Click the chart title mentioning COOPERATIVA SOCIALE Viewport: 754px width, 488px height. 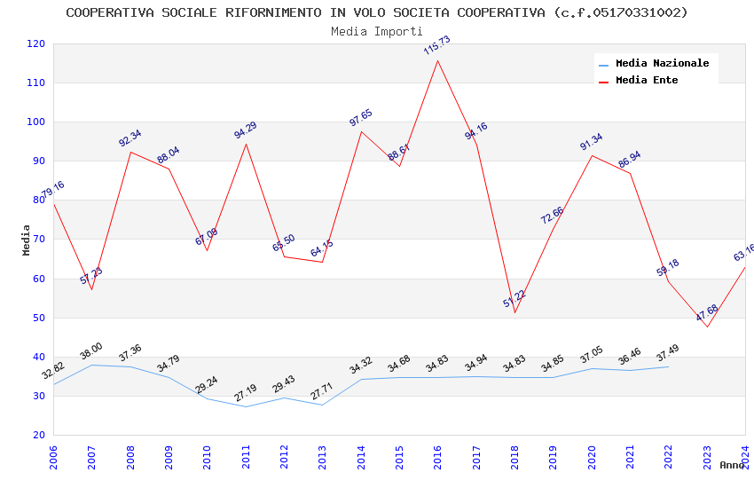pyautogui.click(x=377, y=12)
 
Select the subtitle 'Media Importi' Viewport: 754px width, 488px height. pyautogui.click(x=377, y=31)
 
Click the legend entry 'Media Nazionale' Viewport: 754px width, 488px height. pyautogui.click(x=662, y=63)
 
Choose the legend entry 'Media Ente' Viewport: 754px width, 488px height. pyautogui.click(x=647, y=80)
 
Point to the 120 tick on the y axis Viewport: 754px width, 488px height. pyautogui.click(x=36, y=43)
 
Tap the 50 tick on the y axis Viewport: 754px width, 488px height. pyautogui.click(x=39, y=318)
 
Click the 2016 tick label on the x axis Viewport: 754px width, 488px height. pyautogui.click(x=438, y=457)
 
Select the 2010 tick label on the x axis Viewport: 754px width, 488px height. pyautogui.click(x=208, y=457)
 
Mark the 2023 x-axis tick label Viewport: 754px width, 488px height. pyautogui.click(x=707, y=457)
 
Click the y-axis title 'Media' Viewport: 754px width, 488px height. pyautogui.click(x=27, y=240)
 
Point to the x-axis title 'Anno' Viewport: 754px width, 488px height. pyautogui.click(x=732, y=465)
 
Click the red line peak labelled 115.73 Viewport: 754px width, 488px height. pyautogui.click(x=438, y=60)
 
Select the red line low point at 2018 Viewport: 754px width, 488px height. pyautogui.click(x=514, y=312)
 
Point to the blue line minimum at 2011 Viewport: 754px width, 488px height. pyautogui.click(x=246, y=406)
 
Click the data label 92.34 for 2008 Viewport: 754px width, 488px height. pyautogui.click(x=130, y=138)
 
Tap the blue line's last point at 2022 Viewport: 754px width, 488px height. pyautogui.click(x=669, y=366)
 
